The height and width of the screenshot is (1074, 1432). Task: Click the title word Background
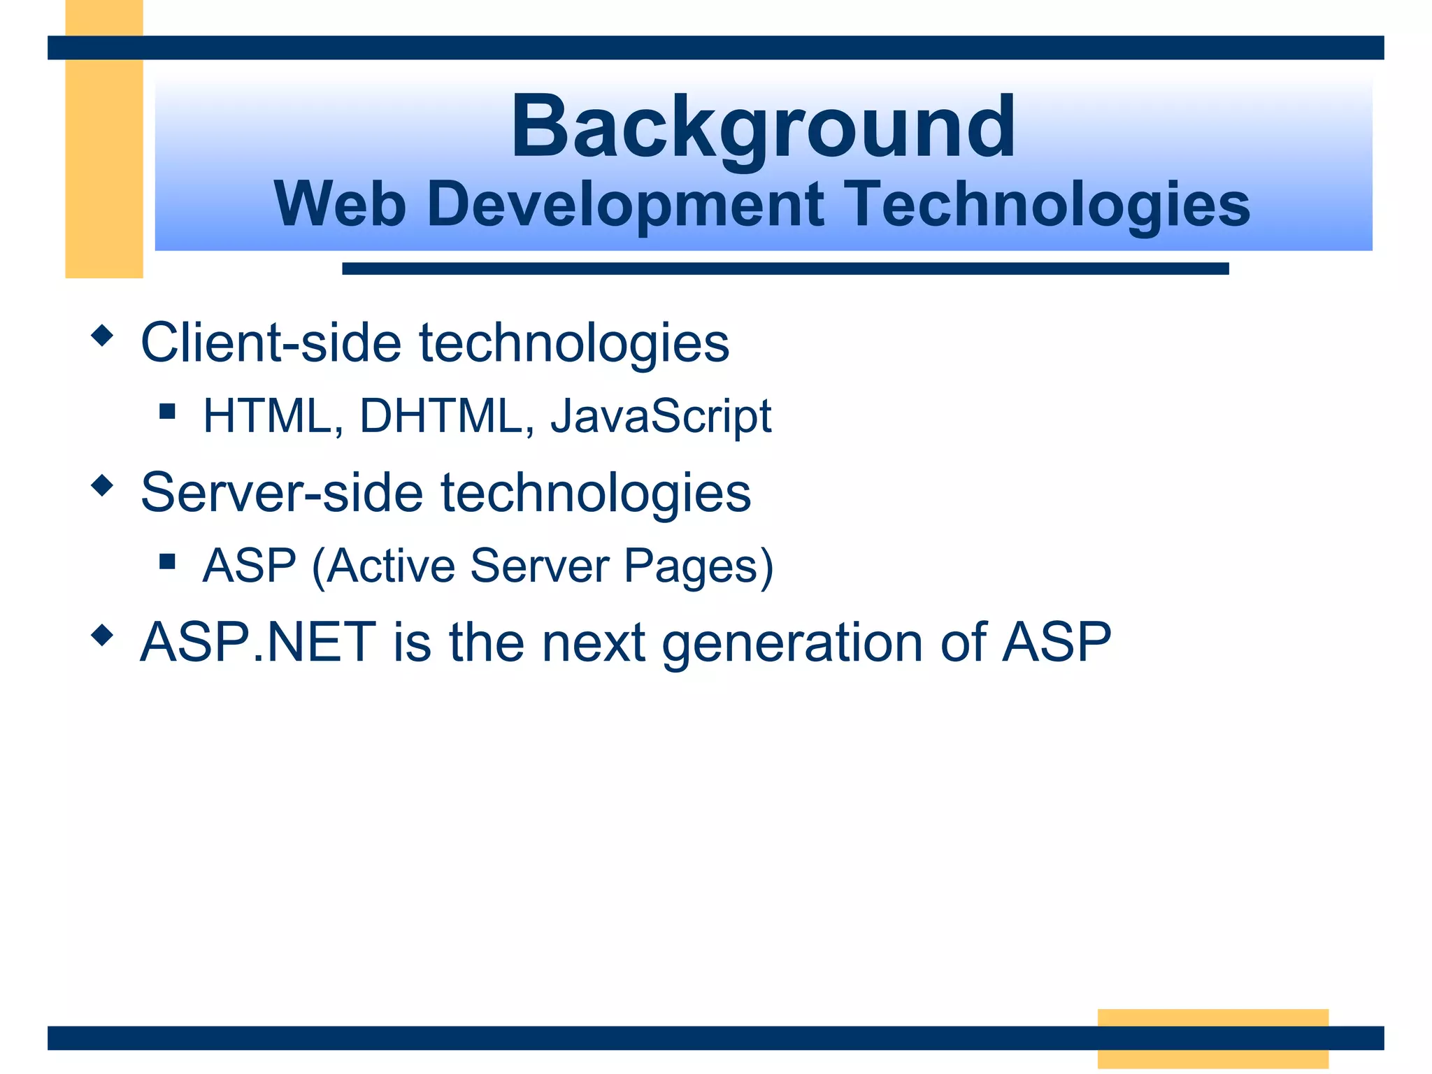(763, 129)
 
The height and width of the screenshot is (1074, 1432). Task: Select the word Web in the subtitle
(340, 205)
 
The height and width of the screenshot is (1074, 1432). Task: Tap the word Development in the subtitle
(625, 205)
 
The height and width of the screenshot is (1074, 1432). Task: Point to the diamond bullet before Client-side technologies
(102, 336)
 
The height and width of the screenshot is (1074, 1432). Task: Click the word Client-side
(271, 343)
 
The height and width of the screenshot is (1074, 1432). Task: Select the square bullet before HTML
(167, 410)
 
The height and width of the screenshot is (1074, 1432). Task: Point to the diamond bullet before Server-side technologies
(102, 485)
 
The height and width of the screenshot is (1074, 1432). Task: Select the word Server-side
(282, 492)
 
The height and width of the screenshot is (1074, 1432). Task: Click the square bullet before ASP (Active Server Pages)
(167, 561)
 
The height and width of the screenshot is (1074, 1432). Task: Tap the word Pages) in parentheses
(699, 566)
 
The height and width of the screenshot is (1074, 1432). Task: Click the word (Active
(383, 566)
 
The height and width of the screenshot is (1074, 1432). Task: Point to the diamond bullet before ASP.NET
(102, 635)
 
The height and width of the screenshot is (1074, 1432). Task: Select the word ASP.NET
(258, 642)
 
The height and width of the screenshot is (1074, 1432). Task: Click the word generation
(792, 643)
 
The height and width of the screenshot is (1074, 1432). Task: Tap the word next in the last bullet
(593, 643)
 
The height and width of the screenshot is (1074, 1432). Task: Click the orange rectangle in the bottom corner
(1212, 1038)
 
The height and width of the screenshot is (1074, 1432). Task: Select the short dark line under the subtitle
(785, 268)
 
